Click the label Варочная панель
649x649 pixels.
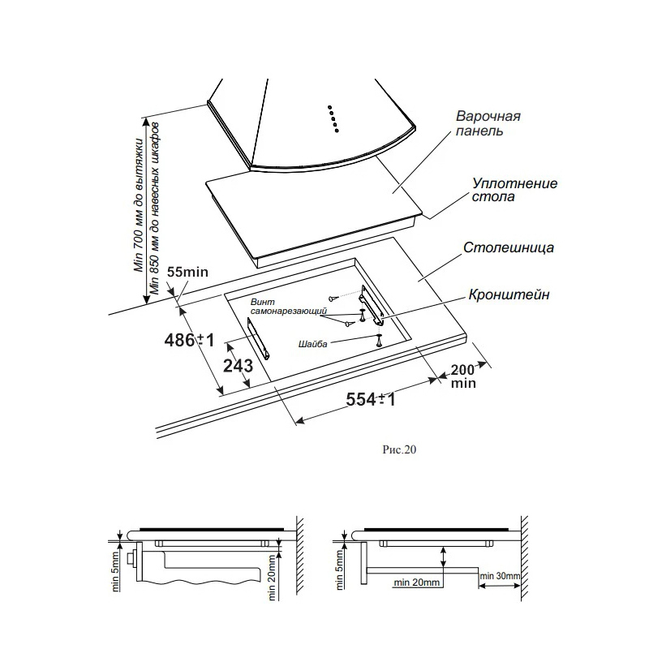pos(488,123)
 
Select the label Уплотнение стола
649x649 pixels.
pos(514,190)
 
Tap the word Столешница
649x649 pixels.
pos(509,247)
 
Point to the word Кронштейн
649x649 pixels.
pos(509,294)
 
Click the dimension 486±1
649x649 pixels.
pos(190,340)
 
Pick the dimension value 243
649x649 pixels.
pos(238,366)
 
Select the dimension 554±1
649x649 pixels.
pos(371,399)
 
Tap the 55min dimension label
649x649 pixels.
pos(187,272)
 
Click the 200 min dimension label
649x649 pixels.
pos(463,376)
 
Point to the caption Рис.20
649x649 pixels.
pos(399,449)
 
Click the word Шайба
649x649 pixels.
pos(312,344)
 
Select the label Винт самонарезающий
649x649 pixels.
pos(289,307)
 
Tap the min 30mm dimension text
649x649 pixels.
pos(500,576)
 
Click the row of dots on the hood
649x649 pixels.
pos(333,118)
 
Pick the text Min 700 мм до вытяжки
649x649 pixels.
pos(138,205)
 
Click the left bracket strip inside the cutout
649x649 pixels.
pos(259,339)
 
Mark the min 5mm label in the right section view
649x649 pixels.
pos(339,569)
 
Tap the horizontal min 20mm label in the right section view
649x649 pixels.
pos(416,582)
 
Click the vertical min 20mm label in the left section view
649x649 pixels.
pos(272,578)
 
